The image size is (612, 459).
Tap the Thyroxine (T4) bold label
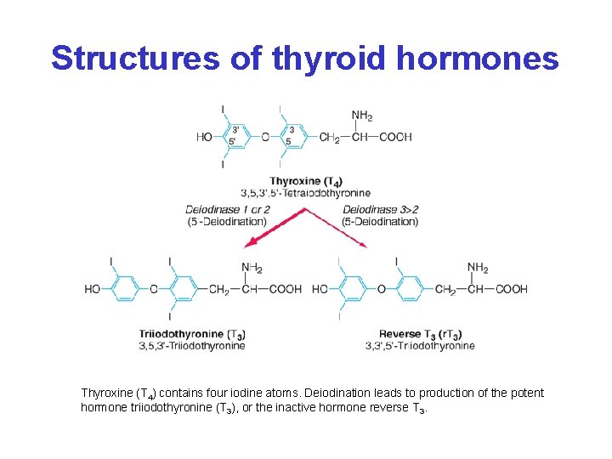pos(307,181)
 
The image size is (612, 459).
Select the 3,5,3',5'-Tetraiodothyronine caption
pos(305,193)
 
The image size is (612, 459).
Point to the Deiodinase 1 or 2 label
pos(228,209)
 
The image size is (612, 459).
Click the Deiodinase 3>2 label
pos(380,209)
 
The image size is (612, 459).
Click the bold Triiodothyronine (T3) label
pos(193,334)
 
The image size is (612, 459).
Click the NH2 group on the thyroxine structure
pos(362,116)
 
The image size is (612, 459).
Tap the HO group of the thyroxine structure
pos(205,137)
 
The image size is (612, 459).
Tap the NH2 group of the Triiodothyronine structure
pos(252,269)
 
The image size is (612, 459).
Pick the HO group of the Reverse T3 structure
pos(320,289)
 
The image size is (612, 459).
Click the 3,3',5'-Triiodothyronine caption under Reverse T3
pos(420,346)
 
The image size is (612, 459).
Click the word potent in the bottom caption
pos(526,393)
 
